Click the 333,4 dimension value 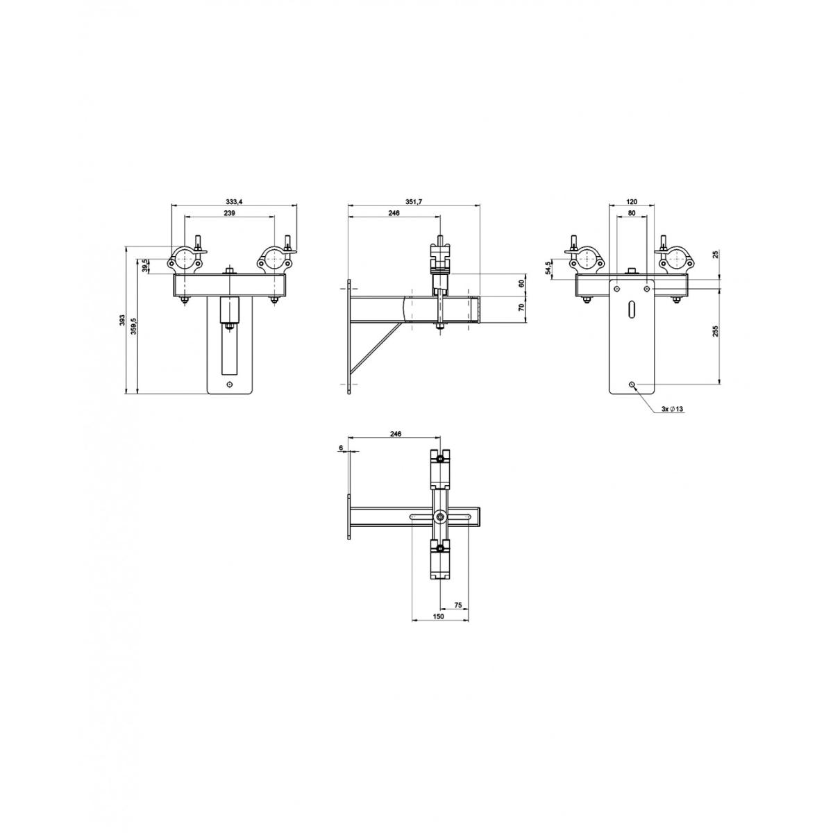(x=233, y=201)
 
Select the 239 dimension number (x=230, y=214)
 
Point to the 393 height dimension (x=122, y=320)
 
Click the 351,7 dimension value (x=414, y=201)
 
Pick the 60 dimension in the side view (x=521, y=283)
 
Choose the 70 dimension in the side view (x=521, y=306)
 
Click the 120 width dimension (x=632, y=201)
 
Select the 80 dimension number (x=632, y=214)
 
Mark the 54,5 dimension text (x=549, y=267)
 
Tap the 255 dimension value (x=716, y=331)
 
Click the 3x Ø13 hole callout (x=673, y=410)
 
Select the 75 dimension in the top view (x=458, y=605)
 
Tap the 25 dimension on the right (x=716, y=255)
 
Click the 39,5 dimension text (x=144, y=267)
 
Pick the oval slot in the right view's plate (x=631, y=310)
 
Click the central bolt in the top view (x=441, y=517)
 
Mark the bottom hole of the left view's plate (x=230, y=383)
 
